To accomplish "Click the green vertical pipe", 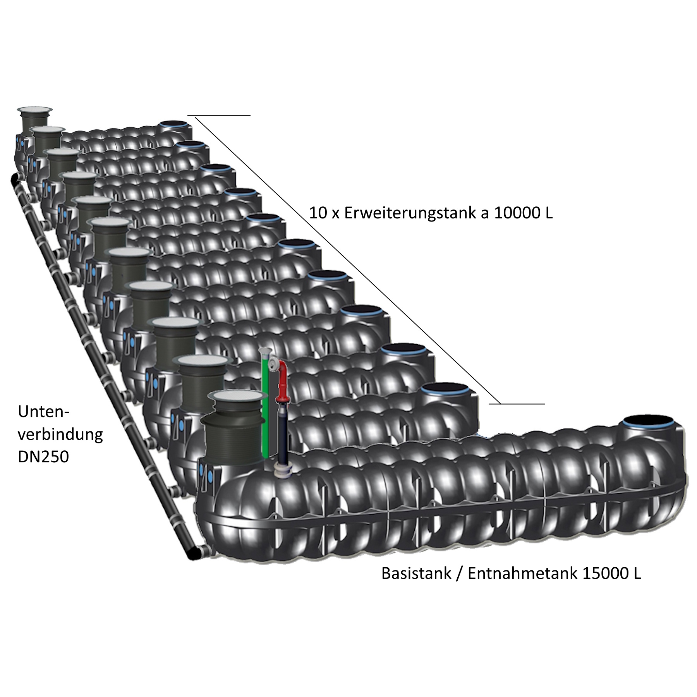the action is (x=266, y=407).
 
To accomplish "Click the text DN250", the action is (x=43, y=457).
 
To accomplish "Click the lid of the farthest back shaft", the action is (x=35, y=110).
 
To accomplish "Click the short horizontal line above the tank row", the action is (x=219, y=115).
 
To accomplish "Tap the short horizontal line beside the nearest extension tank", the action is (x=517, y=404).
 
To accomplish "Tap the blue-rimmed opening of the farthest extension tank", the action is (x=174, y=125).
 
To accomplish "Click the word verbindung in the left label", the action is (x=60, y=434).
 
